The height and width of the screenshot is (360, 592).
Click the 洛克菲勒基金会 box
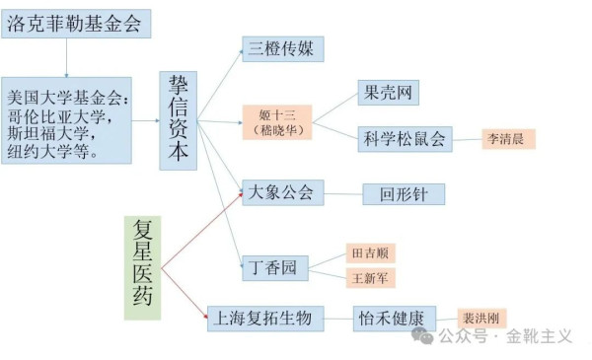[76, 25]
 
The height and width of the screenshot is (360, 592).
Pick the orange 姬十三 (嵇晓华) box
[282, 123]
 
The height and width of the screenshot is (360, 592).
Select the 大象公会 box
[282, 192]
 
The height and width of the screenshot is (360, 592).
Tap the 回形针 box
[403, 194]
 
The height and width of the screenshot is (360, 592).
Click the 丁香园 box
[275, 267]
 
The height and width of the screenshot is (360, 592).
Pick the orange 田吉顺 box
[371, 253]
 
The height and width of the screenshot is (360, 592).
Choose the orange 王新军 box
[371, 279]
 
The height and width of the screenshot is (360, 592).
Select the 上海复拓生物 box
[263, 318]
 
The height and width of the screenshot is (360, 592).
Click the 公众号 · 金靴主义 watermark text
[504, 336]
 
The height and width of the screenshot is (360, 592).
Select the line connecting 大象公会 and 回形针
[343, 194]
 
